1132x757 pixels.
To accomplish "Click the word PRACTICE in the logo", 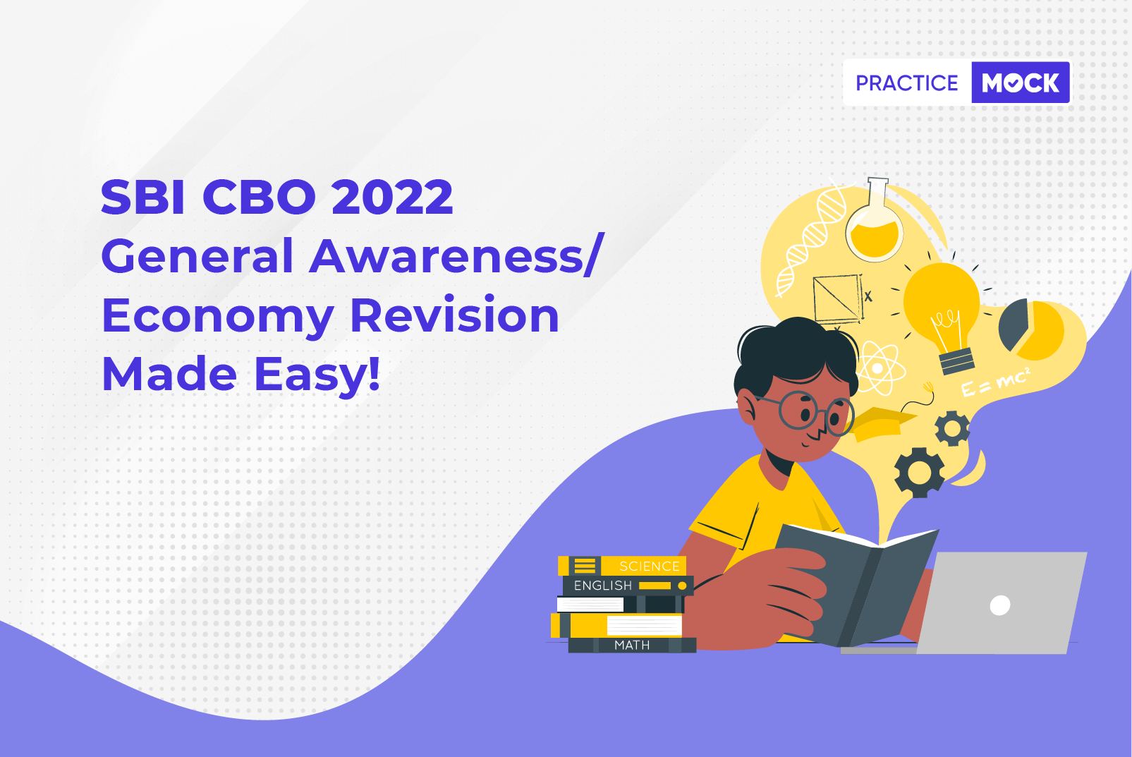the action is pos(906,83).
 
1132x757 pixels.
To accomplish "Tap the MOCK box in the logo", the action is pos(1021,83).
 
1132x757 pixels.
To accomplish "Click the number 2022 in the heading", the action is pos(392,197).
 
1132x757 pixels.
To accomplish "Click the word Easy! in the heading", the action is pos(317,375).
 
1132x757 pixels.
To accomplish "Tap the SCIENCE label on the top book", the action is pos(650,566).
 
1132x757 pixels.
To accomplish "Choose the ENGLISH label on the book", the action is pos(603,585).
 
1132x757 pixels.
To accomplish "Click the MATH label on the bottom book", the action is pos(632,645).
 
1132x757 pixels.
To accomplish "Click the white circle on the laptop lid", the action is pos(999,605).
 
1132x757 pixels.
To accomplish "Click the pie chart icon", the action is pos(1032,329).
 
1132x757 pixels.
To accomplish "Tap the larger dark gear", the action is pos(920,473).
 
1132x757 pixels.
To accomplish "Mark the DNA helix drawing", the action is pos(812,238).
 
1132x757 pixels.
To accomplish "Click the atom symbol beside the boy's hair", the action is pos(878,368).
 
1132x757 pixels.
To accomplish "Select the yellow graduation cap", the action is pos(883,423).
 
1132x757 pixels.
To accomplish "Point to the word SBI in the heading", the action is pos(143,197).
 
